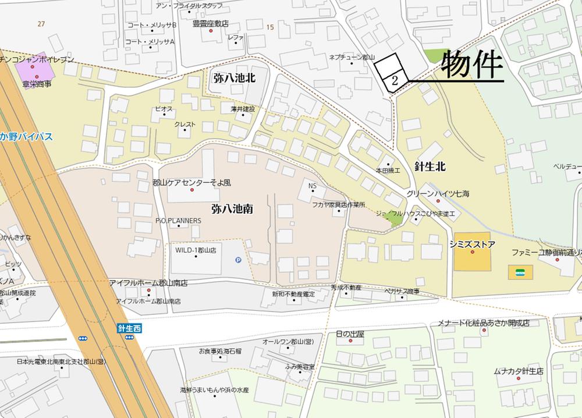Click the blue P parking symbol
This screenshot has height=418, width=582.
click(238, 260)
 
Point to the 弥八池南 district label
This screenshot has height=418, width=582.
click(232, 207)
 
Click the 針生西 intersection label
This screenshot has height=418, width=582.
click(129, 330)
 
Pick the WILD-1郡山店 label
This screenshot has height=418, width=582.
click(196, 250)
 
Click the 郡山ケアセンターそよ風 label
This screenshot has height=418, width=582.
click(191, 182)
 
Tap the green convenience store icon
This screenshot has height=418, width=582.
click(520, 271)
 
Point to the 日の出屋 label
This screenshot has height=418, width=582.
click(350, 334)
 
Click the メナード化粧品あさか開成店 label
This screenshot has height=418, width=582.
click(484, 323)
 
